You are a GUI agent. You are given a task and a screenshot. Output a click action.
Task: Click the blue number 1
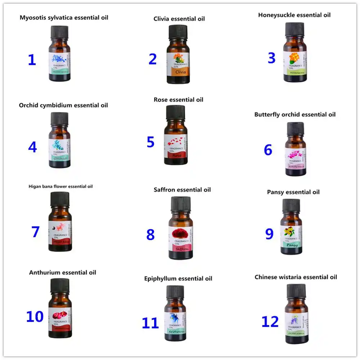point(32,60)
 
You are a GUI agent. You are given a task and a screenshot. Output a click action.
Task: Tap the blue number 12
point(270,321)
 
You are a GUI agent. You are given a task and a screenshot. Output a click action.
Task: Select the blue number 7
point(35,231)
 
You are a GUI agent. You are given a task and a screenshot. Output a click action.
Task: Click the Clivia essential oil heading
point(179,19)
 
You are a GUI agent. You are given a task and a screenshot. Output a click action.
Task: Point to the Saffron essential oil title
point(182,190)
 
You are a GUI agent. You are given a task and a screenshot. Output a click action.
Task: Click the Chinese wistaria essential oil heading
point(296,277)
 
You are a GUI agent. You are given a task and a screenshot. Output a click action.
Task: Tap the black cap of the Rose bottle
point(175,113)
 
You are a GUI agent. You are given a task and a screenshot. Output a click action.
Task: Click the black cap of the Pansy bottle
point(291,206)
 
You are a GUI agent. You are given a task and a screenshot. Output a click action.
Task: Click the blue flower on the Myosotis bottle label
point(58,58)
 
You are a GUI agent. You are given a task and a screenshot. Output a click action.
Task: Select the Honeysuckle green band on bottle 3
point(295,72)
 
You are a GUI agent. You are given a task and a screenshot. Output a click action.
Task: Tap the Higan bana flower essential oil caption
point(60,186)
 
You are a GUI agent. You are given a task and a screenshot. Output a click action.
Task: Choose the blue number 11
point(150,323)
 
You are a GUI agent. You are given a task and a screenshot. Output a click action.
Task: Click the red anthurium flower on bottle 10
point(59,315)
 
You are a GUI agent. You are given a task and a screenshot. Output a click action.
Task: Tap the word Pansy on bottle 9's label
point(292,245)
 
